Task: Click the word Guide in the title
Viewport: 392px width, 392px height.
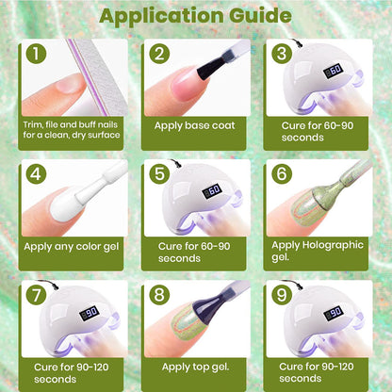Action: tap(260, 15)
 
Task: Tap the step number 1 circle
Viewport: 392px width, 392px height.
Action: tap(36, 53)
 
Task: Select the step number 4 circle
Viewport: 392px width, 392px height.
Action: tap(36, 173)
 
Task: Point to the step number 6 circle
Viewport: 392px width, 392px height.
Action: tap(282, 173)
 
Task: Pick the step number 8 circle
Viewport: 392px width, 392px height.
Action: tap(159, 295)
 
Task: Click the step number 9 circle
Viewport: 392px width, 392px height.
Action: tap(282, 295)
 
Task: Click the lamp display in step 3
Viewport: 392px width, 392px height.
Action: tap(333, 71)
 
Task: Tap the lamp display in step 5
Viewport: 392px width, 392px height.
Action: tap(211, 191)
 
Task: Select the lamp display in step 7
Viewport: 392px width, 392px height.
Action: tap(89, 313)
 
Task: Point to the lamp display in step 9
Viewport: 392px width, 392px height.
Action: tap(333, 313)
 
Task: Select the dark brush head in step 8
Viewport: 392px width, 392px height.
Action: tap(210, 302)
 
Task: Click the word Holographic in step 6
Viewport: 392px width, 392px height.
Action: tap(333, 246)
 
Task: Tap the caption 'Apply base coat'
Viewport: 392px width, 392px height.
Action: tap(194, 125)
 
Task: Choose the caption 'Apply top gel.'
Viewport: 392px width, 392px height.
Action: tap(195, 367)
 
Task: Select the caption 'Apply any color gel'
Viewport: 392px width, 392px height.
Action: tap(72, 247)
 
